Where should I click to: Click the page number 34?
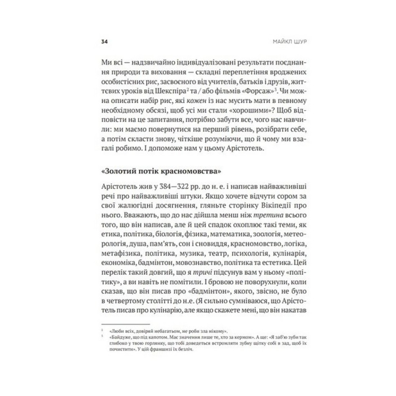[105, 42]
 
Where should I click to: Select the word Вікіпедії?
[259, 207]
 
